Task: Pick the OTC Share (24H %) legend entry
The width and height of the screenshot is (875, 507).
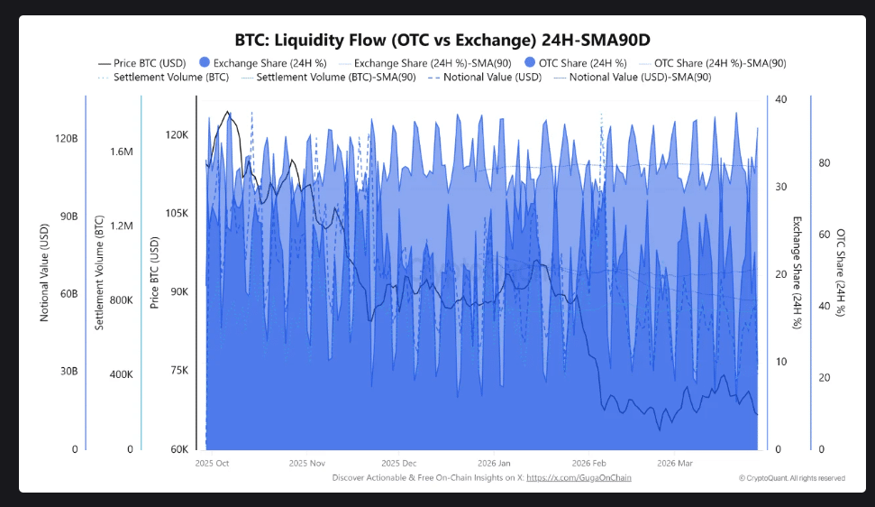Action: tap(582, 63)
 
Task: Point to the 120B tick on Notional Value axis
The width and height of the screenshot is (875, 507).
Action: tap(67, 139)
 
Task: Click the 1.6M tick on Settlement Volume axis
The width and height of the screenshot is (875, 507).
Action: tap(122, 152)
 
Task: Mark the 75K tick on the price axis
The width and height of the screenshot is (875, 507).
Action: tap(176, 370)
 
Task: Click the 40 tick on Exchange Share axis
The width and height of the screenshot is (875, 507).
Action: tap(780, 99)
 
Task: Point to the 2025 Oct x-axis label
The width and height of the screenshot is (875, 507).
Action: tap(212, 463)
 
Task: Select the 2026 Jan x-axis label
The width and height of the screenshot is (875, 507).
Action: tap(494, 463)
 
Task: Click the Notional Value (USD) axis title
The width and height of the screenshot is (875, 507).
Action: tap(44, 274)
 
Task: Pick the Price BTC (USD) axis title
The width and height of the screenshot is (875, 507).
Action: tap(154, 272)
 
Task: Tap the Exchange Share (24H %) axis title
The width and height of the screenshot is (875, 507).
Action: tap(797, 272)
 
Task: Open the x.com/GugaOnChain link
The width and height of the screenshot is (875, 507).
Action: tap(579, 477)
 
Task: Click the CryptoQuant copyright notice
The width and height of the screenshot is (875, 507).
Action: tap(791, 478)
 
